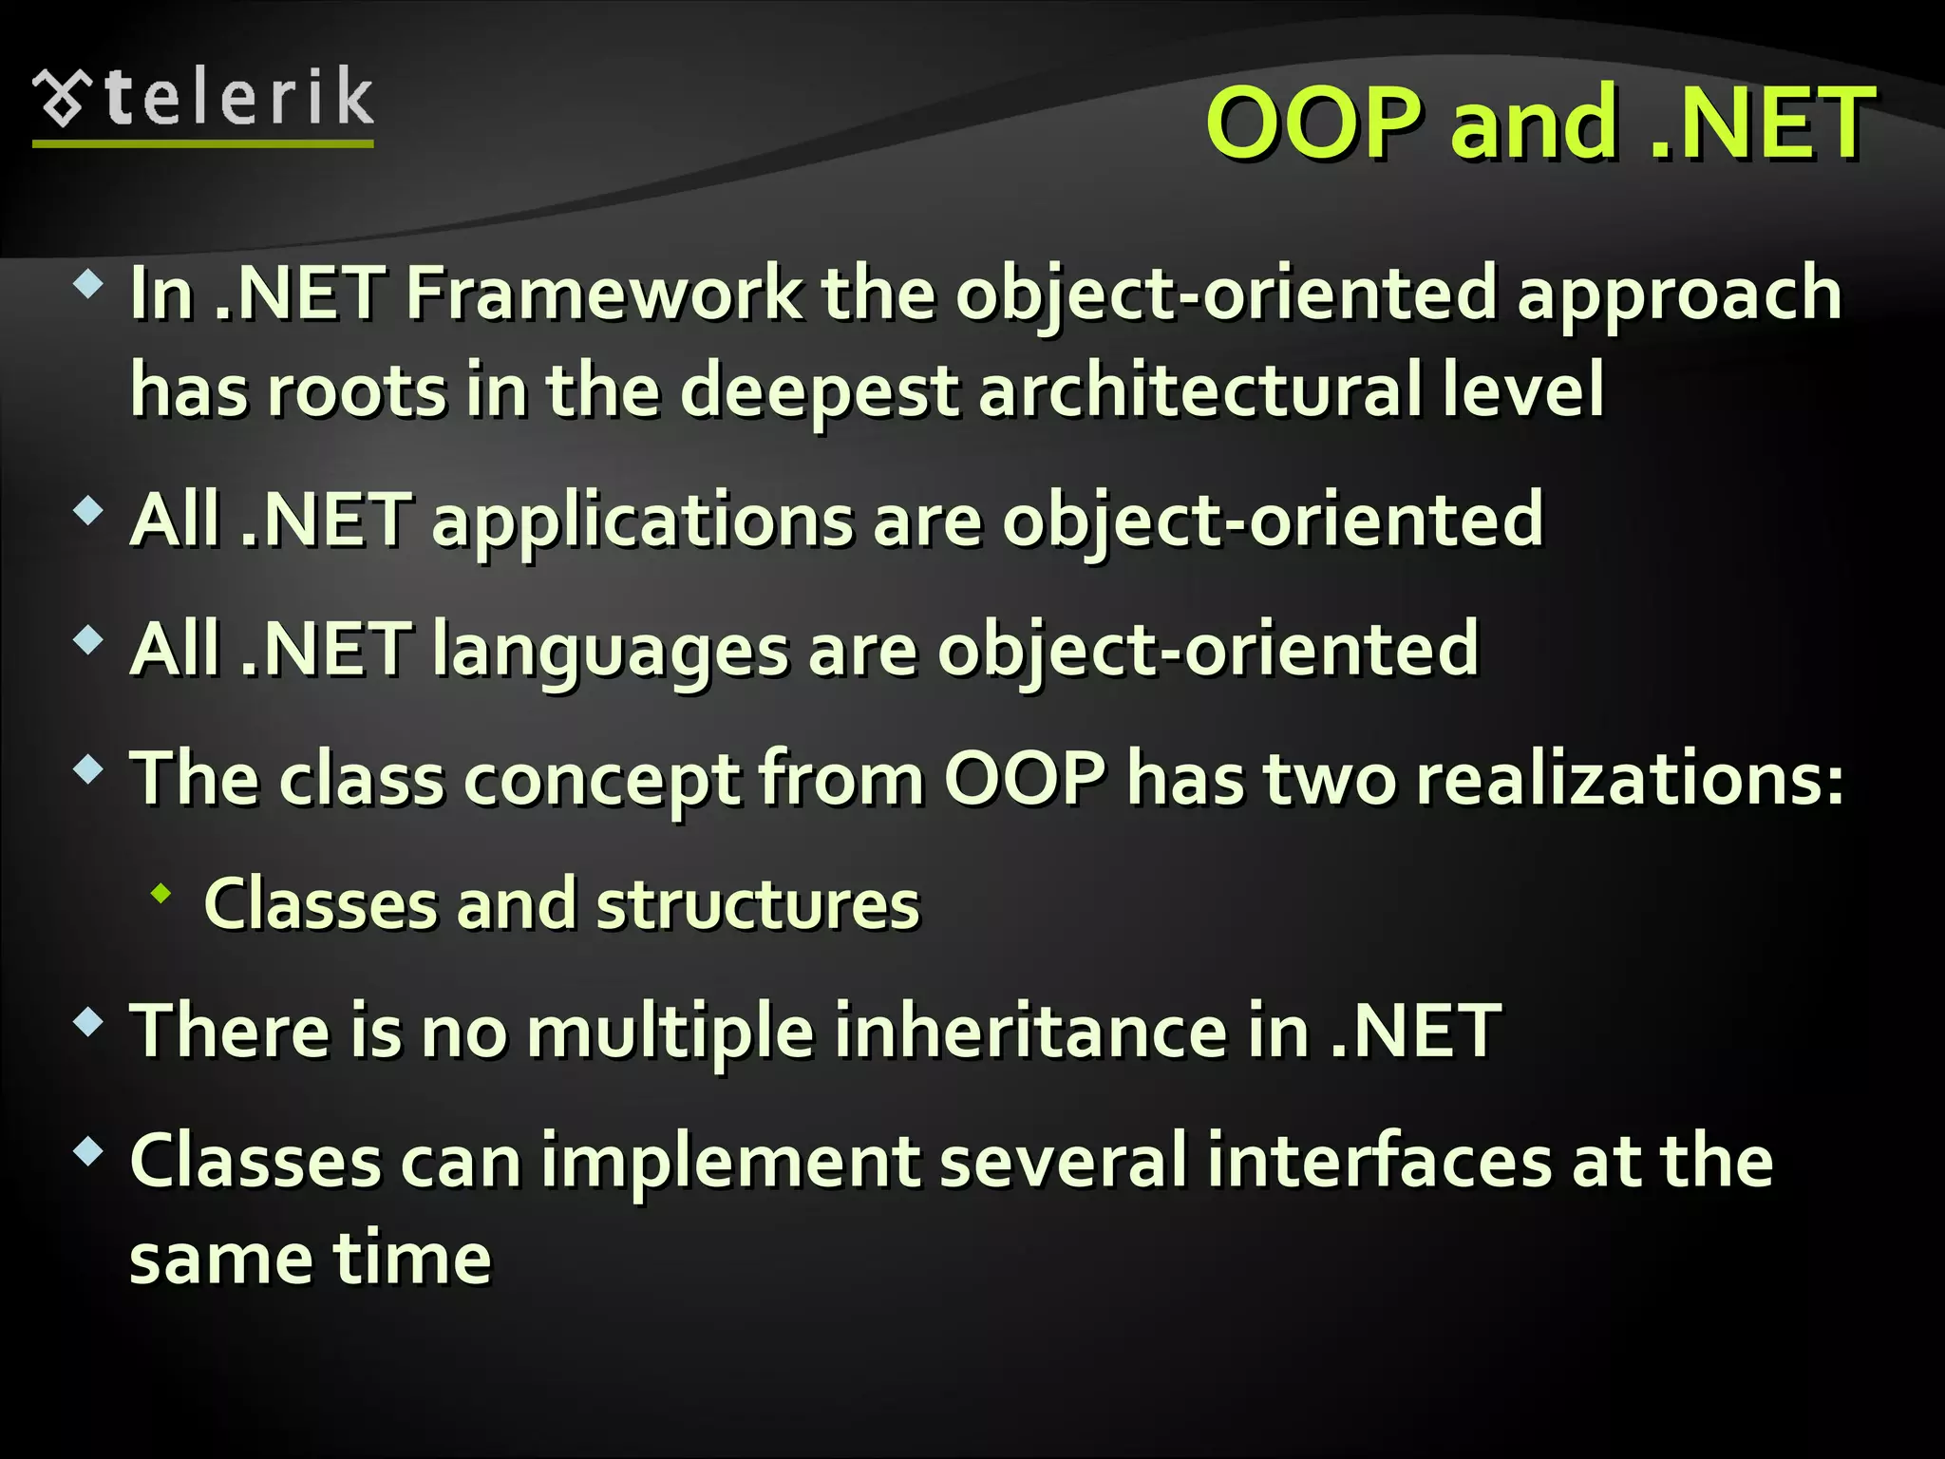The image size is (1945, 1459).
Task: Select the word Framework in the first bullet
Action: (604, 294)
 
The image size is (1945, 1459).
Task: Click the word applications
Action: (642, 521)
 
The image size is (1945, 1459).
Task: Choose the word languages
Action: (610, 651)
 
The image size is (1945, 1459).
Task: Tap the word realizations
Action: (1629, 780)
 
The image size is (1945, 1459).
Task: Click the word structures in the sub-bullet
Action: (758, 904)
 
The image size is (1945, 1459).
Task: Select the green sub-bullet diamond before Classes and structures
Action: (161, 893)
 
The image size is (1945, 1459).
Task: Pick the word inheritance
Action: (1030, 1033)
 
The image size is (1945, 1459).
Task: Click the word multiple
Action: (670, 1033)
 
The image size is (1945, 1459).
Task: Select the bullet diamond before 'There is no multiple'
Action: (88, 1022)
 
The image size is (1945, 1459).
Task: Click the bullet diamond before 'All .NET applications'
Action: (88, 512)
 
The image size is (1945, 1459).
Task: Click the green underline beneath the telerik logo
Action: (203, 143)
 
